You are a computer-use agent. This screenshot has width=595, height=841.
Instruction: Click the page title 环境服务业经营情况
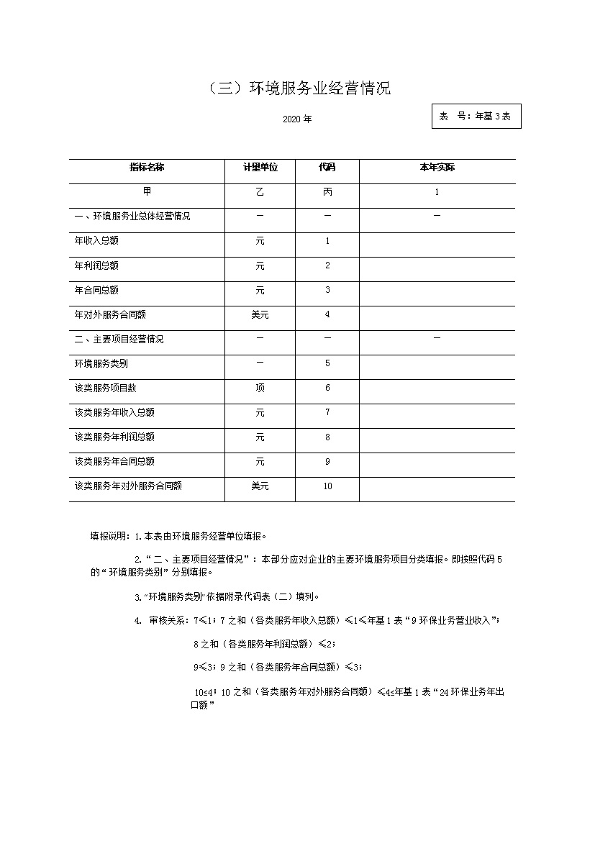[299, 88]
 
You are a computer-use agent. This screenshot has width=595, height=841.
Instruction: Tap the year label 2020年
[297, 119]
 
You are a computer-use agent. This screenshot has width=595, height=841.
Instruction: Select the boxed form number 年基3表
[476, 116]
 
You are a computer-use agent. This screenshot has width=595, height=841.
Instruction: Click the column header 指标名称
[147, 168]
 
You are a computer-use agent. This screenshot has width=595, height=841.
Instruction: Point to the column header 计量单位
[260, 168]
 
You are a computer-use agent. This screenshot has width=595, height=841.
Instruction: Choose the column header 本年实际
[437, 168]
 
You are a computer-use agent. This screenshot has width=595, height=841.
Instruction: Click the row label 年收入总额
[97, 242]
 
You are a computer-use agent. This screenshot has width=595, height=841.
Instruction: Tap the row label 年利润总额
[97, 266]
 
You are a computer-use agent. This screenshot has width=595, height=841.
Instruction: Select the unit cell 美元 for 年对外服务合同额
[260, 315]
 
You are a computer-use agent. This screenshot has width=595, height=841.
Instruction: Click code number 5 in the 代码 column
[327, 364]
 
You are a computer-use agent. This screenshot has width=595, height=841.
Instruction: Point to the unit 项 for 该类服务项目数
[260, 388]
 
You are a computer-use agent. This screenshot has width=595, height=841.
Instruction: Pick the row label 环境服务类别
[101, 364]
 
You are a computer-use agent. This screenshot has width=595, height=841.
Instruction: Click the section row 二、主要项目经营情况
[119, 340]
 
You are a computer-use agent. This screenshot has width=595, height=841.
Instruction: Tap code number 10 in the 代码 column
[327, 486]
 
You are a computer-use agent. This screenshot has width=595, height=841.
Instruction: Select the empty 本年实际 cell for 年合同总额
[437, 291]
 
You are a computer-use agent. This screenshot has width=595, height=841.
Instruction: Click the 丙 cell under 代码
[327, 192]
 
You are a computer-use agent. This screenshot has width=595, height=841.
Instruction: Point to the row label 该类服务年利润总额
[114, 437]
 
